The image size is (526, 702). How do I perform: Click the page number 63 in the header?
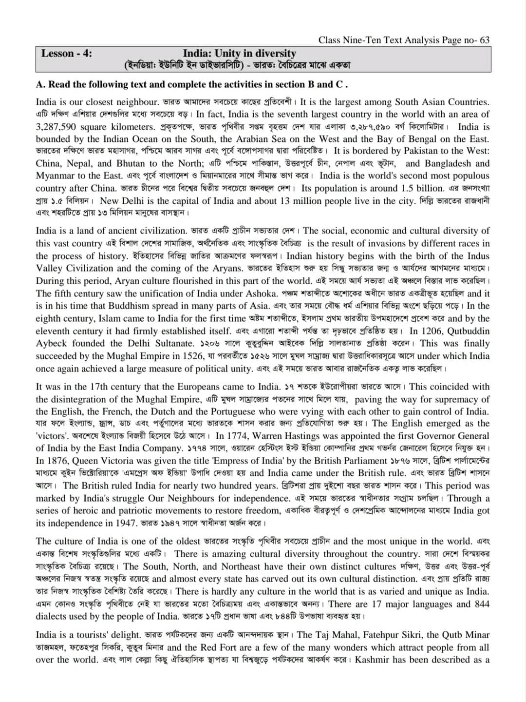[484, 40]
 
